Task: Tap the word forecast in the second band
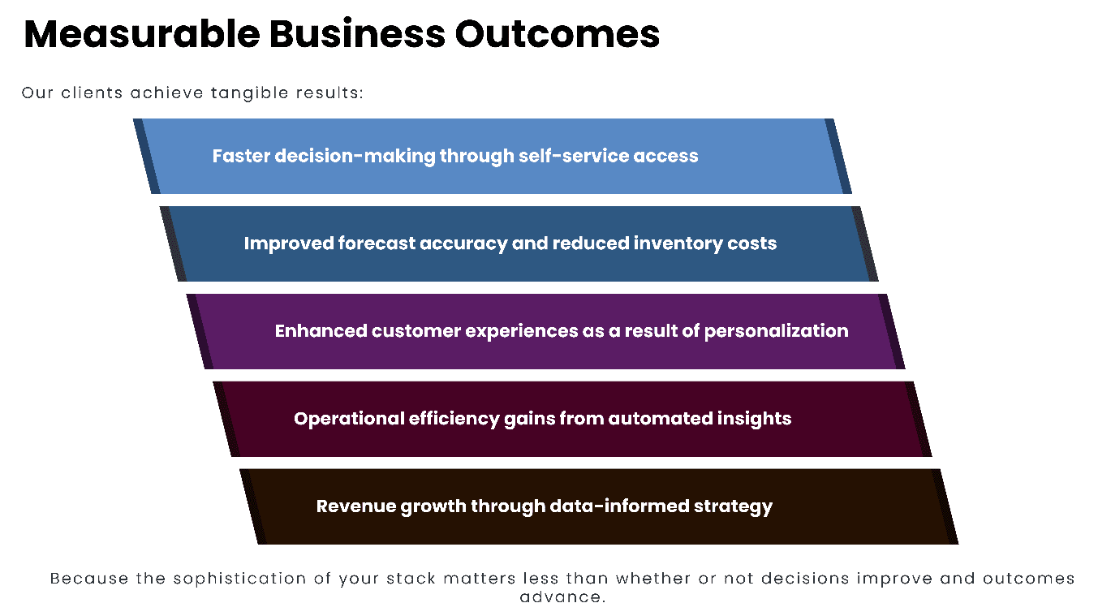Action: (376, 243)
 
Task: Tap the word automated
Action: (661, 419)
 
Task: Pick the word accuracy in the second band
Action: (462, 243)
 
